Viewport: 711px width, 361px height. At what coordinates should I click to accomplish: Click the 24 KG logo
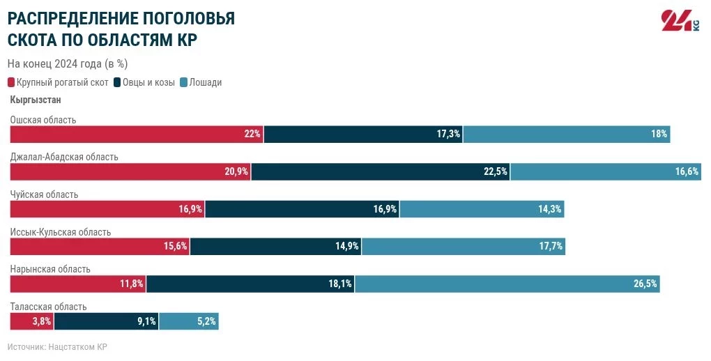click(679, 21)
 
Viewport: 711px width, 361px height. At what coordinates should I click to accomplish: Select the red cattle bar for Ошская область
click(136, 134)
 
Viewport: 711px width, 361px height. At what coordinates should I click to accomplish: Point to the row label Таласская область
click(48, 307)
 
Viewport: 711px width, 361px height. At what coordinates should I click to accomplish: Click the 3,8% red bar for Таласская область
click(31, 321)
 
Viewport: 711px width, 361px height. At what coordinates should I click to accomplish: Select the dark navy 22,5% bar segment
click(380, 171)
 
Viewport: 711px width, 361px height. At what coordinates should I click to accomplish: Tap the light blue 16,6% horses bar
click(605, 171)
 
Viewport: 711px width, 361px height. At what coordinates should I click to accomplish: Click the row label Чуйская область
click(44, 194)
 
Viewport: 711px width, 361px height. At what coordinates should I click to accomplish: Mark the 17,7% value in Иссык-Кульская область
click(550, 246)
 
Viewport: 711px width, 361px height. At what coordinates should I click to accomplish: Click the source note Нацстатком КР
click(57, 346)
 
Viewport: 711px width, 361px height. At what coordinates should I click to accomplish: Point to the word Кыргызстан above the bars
click(36, 100)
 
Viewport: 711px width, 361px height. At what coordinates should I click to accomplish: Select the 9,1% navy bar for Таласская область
click(106, 321)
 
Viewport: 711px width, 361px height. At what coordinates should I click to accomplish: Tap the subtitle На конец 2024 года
click(67, 63)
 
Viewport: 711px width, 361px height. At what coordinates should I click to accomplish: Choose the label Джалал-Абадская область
click(64, 157)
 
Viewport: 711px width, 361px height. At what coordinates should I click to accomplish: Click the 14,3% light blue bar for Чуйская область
click(481, 209)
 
